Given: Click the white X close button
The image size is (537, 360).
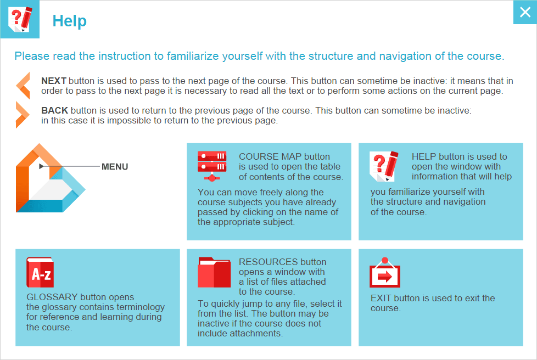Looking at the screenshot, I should click(x=525, y=13).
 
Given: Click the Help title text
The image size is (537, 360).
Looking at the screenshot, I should click(x=69, y=21).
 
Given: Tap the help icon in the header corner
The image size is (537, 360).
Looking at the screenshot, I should click(x=20, y=19).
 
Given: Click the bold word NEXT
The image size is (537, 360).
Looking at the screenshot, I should click(x=54, y=81).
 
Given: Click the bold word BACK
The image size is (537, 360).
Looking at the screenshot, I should click(x=54, y=110).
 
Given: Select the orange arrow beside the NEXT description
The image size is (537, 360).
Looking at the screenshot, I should click(x=23, y=86).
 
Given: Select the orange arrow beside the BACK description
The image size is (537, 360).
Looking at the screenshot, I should click(x=23, y=115).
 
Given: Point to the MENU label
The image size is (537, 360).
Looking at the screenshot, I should click(x=115, y=166).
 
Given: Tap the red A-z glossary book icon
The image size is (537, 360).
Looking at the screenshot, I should click(x=40, y=273).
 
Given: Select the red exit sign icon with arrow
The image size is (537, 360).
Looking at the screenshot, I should click(x=385, y=274).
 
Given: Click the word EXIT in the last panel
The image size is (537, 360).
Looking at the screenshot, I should click(x=382, y=298).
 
